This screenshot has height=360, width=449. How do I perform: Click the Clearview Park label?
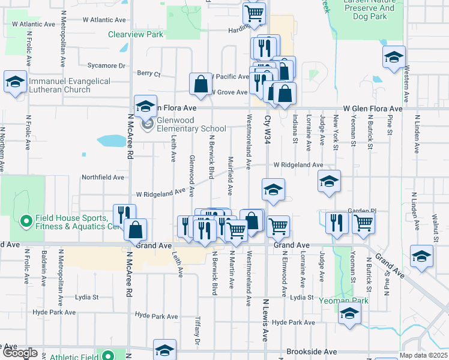[x=136, y=35]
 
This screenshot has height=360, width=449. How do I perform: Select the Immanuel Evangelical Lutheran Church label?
[x=62, y=85]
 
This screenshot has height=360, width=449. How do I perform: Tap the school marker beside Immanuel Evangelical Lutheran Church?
[x=14, y=83]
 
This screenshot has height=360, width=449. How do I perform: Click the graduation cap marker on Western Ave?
[x=394, y=58]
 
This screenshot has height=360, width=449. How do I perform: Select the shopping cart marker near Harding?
[x=255, y=13]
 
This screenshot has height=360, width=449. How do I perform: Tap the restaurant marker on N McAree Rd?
[x=124, y=215]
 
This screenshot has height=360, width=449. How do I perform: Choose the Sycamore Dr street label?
[x=106, y=65]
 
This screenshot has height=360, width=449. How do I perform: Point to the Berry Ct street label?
[x=149, y=74]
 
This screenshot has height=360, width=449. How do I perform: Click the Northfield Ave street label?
[x=103, y=178]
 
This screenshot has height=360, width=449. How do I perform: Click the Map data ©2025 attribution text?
[x=423, y=355]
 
